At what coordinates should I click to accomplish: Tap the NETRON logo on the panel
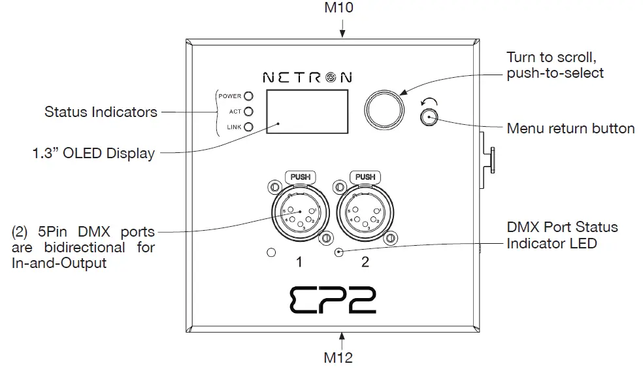[x=306, y=77]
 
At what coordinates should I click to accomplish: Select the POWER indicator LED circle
[x=248, y=96]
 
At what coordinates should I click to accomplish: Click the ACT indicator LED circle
[x=248, y=112]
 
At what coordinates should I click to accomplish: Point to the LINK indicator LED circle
[x=248, y=127]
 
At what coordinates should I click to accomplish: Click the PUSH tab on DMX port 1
[x=299, y=176]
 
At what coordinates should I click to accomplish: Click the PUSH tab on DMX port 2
[x=365, y=176]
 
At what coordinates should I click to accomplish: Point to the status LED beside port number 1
[x=271, y=252]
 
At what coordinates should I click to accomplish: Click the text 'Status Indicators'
[x=101, y=112]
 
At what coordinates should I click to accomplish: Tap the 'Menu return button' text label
[x=570, y=128]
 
